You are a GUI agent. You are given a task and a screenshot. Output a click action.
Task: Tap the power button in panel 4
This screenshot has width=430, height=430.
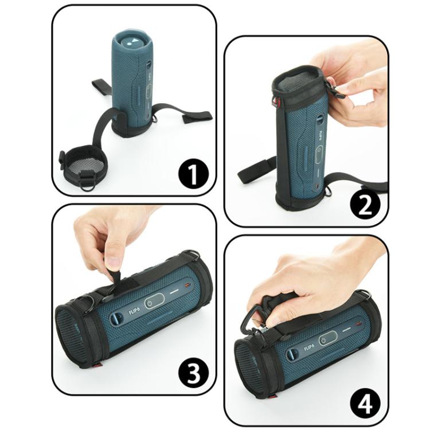pyautogui.click(x=323, y=341)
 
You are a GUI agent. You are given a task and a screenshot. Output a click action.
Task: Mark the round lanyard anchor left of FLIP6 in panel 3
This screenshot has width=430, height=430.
pyautogui.click(x=116, y=318)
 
